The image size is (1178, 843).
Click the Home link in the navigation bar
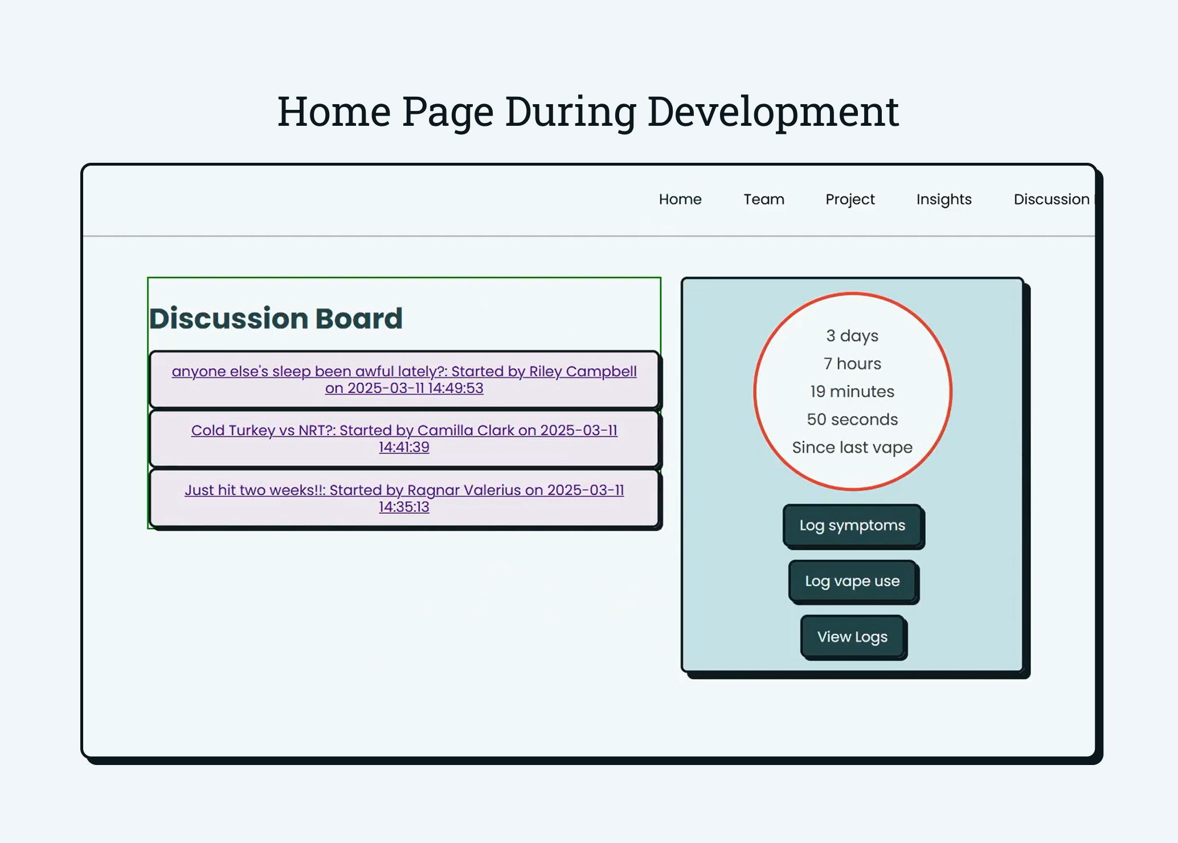click(680, 199)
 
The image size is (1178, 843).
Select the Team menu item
click(763, 199)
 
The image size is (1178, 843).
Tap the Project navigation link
click(849, 199)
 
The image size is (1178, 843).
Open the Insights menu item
click(943, 199)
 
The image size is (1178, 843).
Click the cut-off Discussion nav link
click(1052, 199)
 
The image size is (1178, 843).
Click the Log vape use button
click(852, 581)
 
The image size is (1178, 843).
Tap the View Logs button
click(852, 637)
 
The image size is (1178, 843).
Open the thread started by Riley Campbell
click(404, 379)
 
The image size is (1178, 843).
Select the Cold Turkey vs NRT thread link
click(404, 438)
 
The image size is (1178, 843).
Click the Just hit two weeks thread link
click(404, 498)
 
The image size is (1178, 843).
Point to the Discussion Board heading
click(276, 318)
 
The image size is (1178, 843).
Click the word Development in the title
click(772, 112)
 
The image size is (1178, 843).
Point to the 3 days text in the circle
click(852, 336)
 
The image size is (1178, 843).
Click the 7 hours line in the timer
click(852, 364)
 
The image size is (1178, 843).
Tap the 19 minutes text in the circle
click(852, 392)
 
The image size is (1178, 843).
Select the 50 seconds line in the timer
click(852, 420)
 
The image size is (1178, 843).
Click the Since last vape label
click(852, 447)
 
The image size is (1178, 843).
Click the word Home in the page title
click(334, 112)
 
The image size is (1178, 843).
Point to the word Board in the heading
click(359, 318)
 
